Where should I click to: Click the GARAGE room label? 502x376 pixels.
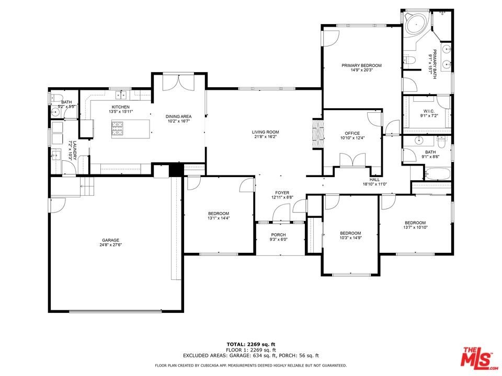pos(110,240)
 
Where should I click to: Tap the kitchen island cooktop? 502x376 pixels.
pos(118,129)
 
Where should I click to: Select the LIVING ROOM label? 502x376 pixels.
pos(266,132)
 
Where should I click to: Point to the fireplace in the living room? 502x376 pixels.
pos(318,134)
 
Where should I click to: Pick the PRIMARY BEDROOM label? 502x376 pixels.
pos(361,66)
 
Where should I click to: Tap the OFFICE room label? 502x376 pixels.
pos(352,133)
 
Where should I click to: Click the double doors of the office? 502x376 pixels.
pos(352,160)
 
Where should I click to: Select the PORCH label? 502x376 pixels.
pos(278,234)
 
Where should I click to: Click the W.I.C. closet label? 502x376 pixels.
pos(429,111)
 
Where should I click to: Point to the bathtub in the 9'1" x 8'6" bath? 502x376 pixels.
pos(437,174)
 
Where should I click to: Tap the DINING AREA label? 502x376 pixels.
pos(178,116)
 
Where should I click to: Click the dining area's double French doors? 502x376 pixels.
pos(178,82)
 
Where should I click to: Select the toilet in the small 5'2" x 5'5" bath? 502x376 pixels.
pos(56,97)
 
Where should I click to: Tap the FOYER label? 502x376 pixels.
pos(282,193)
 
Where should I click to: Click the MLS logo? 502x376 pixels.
pos(477,357)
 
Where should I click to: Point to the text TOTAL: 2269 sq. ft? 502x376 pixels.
pos(250,344)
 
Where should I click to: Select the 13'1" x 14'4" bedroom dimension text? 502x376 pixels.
pos(219,218)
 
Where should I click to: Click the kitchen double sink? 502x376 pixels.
pos(121,95)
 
